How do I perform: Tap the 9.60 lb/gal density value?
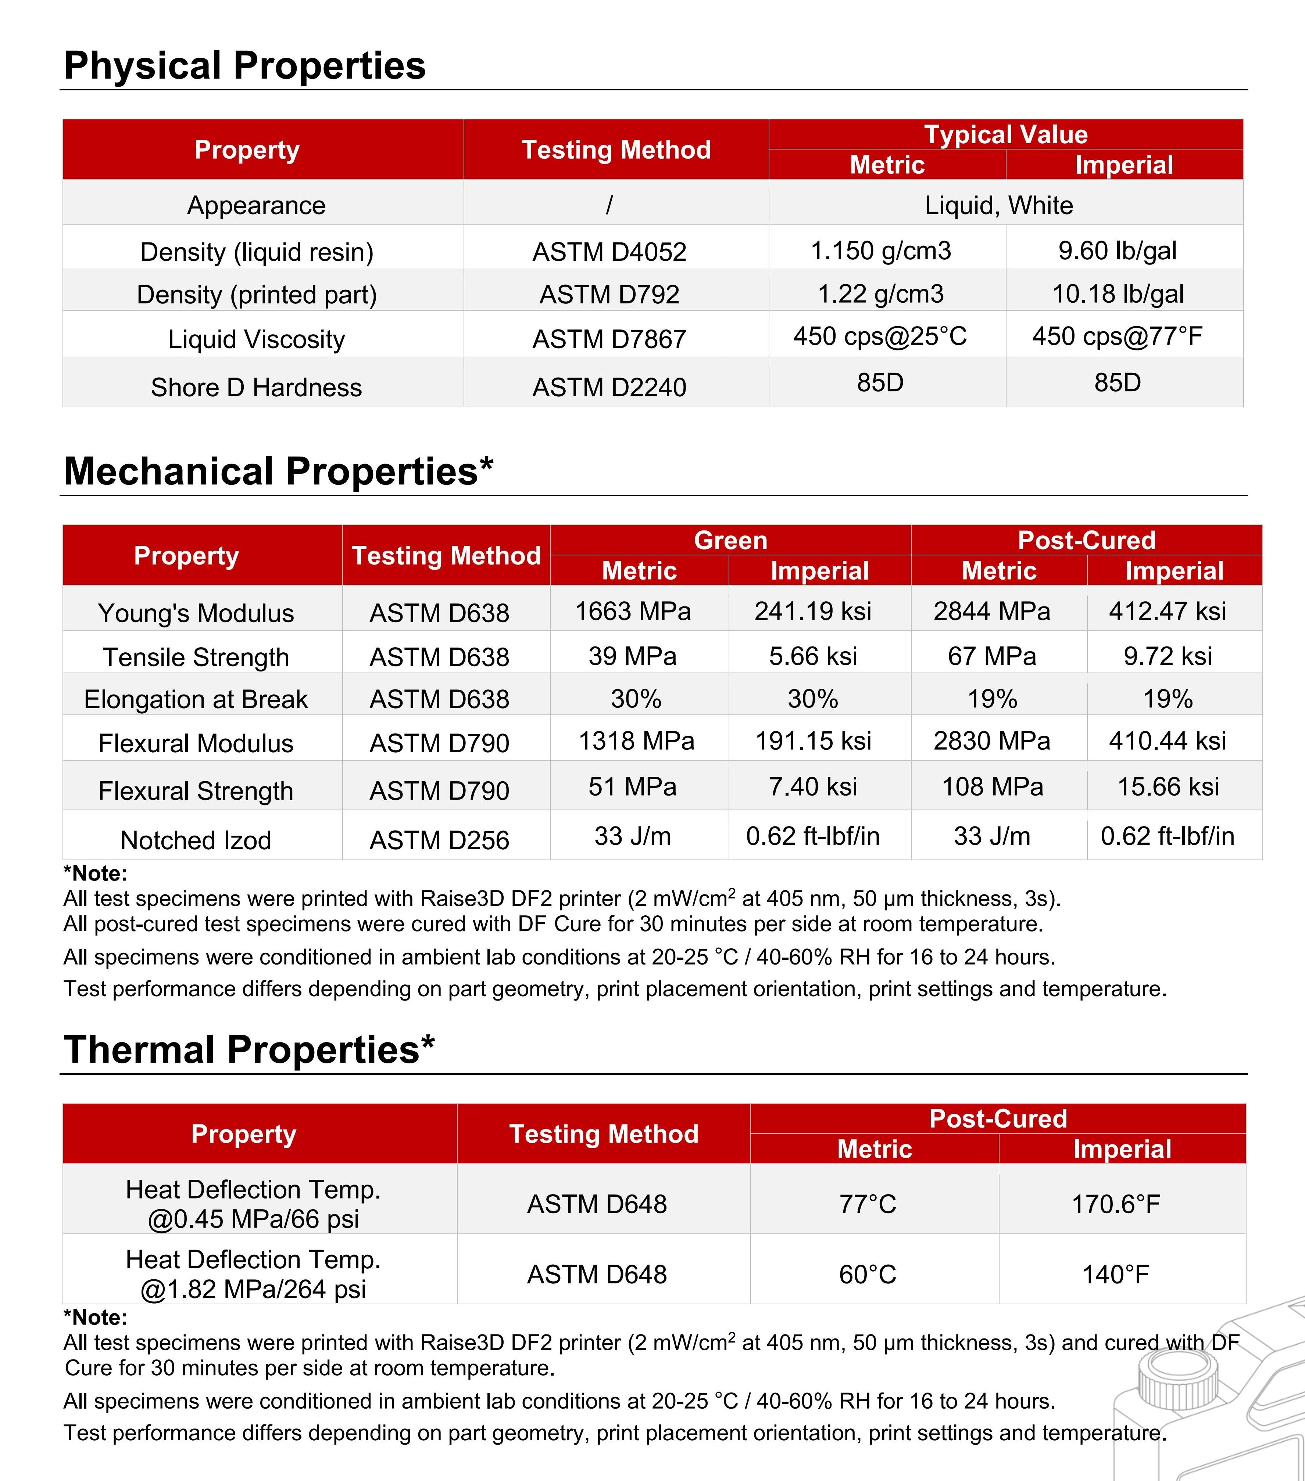[1117, 251]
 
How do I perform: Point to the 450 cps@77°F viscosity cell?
[1117, 336]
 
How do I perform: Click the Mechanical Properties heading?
[278, 472]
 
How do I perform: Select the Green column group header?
[730, 541]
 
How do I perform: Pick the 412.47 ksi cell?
[1167, 612]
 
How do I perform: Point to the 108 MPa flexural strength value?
[992, 787]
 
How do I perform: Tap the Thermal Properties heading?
[249, 1050]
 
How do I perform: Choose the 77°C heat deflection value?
[868, 1204]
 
